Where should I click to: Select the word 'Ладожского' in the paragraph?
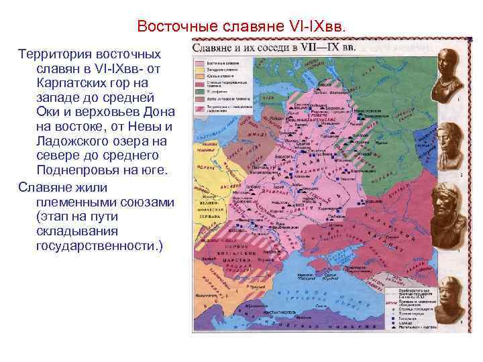click(x=74, y=141)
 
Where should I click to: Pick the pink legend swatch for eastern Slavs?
click(x=201, y=61)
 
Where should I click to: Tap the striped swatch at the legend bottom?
click(x=201, y=107)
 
